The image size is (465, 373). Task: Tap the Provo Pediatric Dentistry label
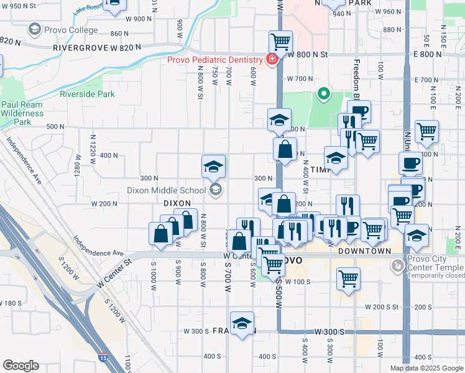(215, 60)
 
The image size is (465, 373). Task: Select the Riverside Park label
(88, 94)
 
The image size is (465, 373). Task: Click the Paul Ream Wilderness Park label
(23, 114)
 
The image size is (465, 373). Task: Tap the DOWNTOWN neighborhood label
(365, 251)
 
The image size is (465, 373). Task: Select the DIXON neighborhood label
(176, 203)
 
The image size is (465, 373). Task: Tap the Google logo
(21, 366)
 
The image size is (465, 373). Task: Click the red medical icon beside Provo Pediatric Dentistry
(272, 60)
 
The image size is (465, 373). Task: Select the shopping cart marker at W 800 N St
(280, 42)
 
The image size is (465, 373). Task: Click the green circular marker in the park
(323, 95)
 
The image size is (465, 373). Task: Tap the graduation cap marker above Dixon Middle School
(213, 167)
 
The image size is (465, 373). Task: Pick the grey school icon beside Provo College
(35, 30)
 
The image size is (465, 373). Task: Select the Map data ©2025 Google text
(426, 368)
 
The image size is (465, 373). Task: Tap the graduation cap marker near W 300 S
(242, 323)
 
